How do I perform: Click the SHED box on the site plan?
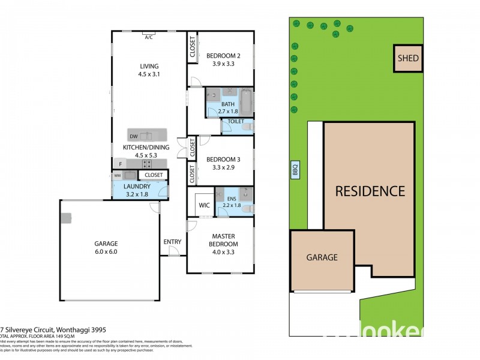click(408, 59)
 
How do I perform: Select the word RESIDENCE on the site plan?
click(370, 191)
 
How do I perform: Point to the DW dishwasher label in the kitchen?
click(133, 137)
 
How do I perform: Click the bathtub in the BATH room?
click(245, 101)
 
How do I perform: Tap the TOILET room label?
click(236, 121)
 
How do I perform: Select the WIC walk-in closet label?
click(203, 205)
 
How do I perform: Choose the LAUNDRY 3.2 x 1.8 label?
click(136, 190)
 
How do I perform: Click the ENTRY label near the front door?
click(172, 242)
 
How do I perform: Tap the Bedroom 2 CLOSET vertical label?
click(193, 47)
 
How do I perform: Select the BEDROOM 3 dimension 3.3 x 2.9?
click(221, 168)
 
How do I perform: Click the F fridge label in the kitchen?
click(121, 163)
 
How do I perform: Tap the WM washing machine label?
click(117, 176)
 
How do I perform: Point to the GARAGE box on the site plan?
click(322, 257)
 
